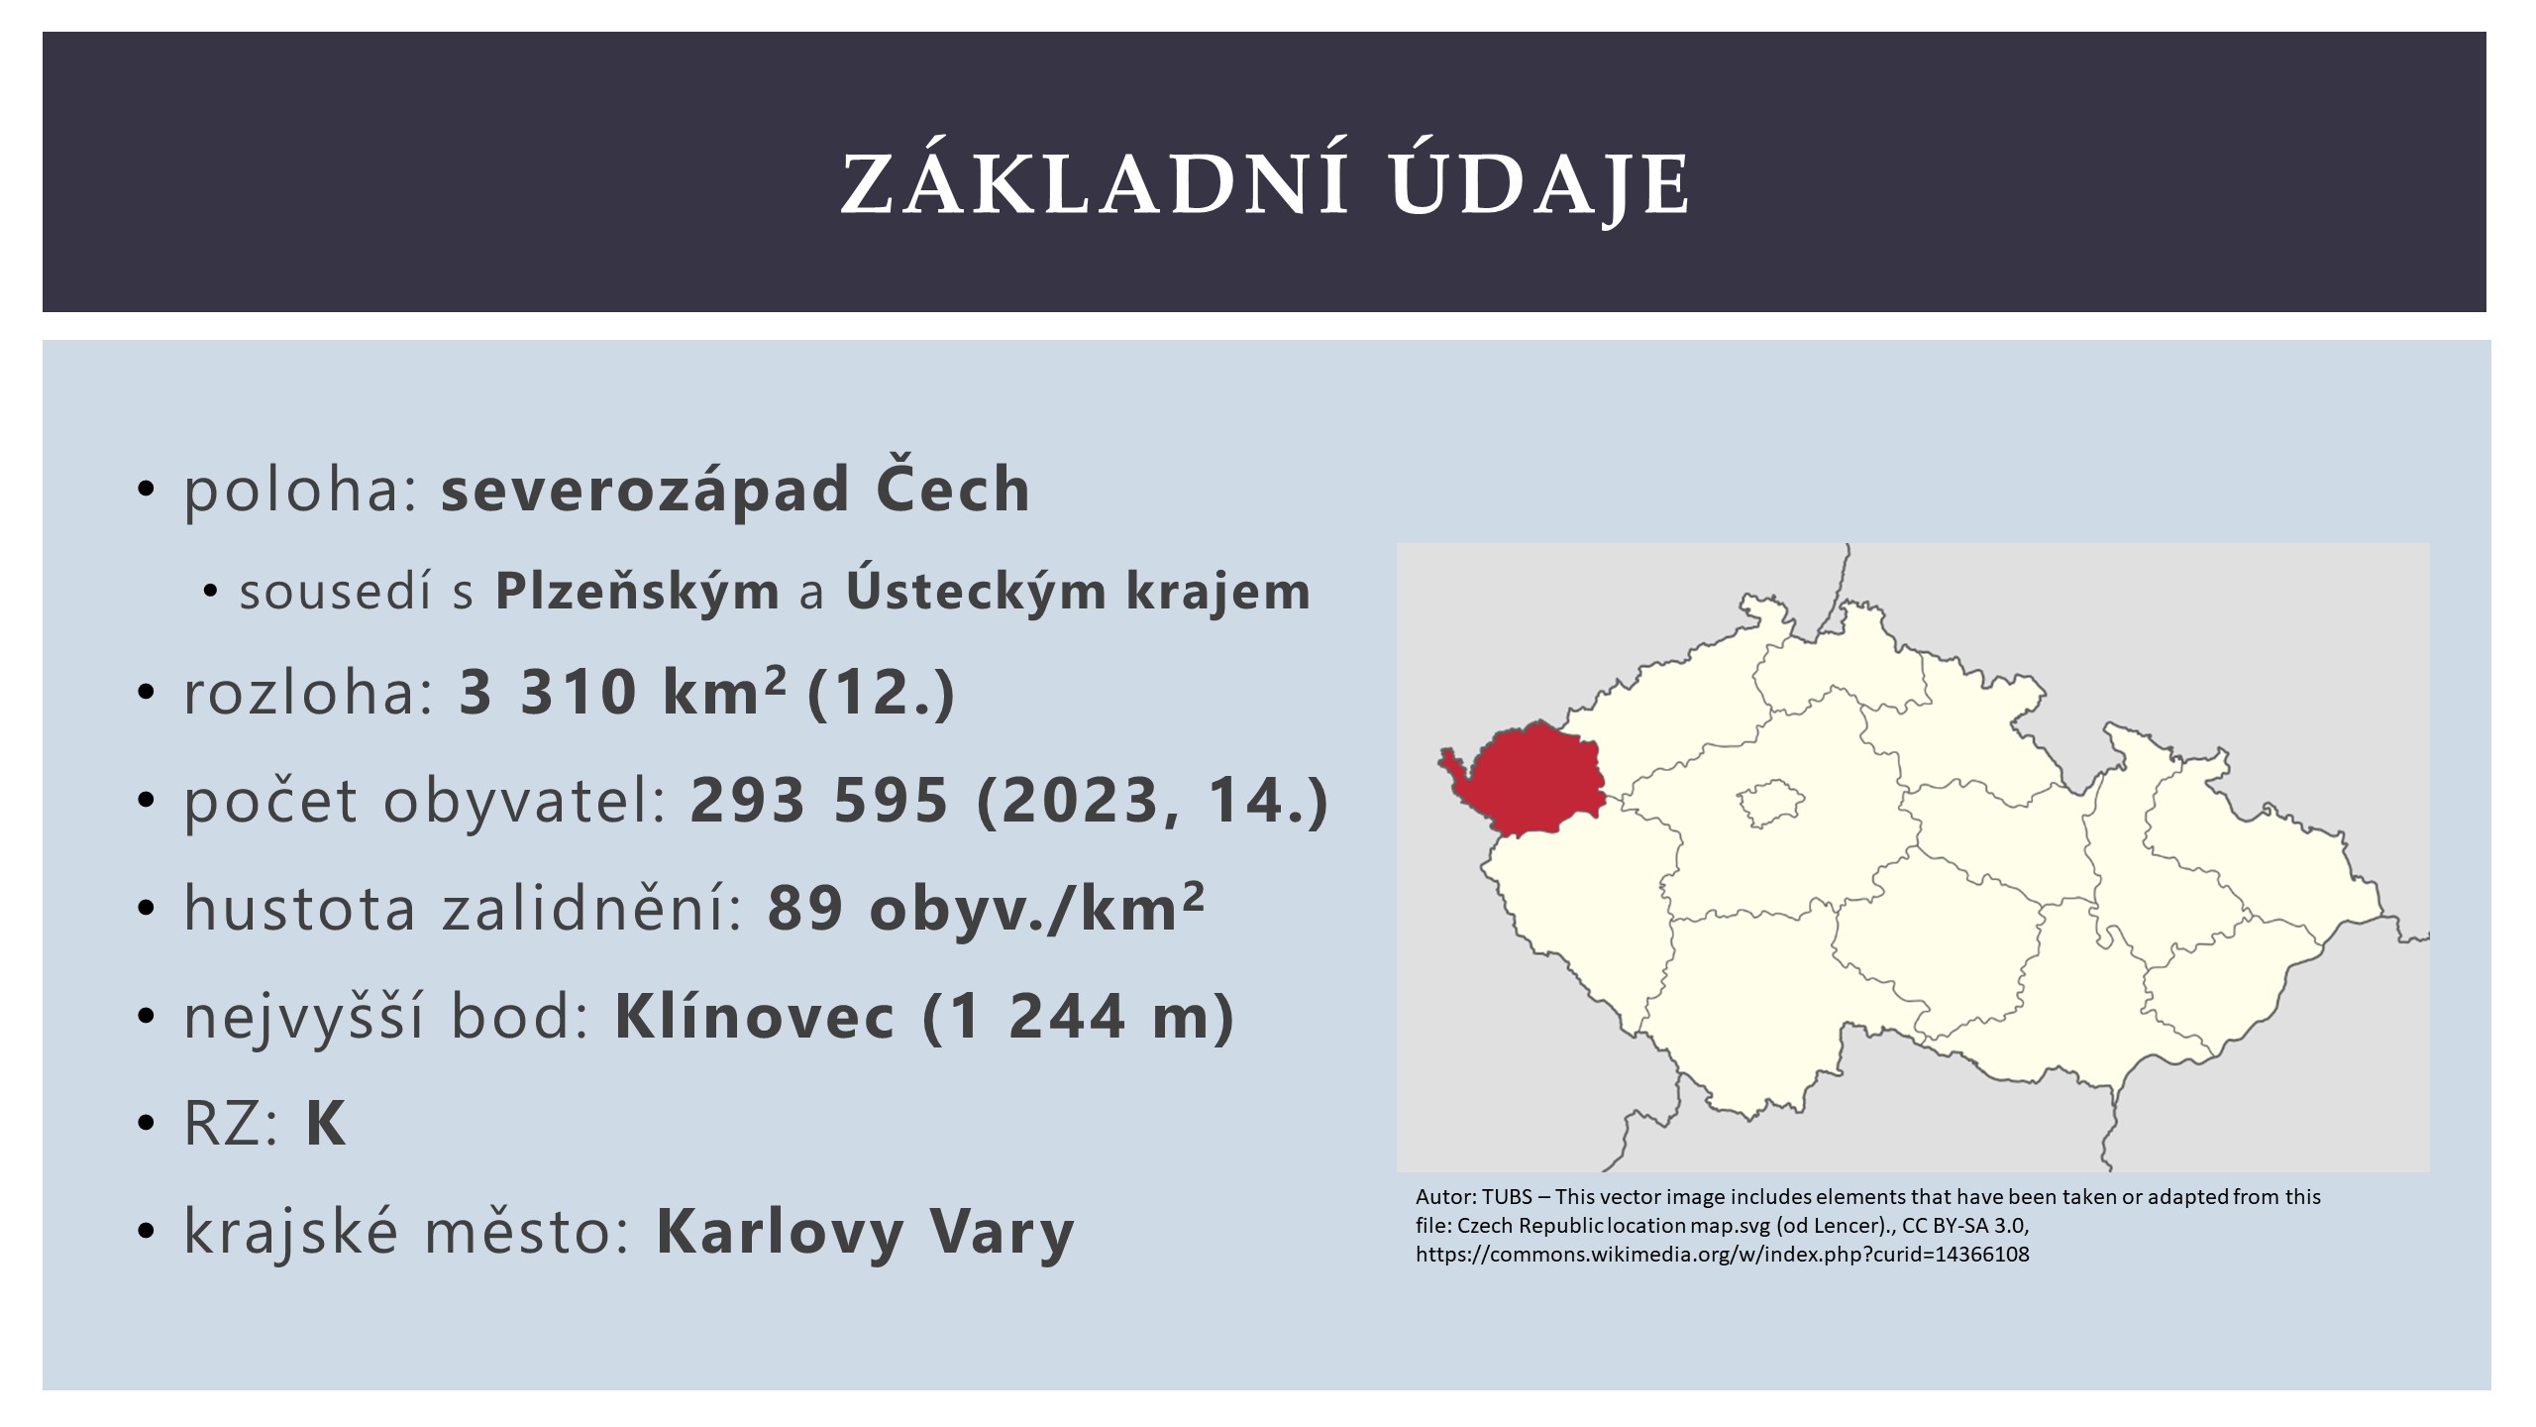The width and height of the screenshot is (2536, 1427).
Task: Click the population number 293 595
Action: (x=819, y=799)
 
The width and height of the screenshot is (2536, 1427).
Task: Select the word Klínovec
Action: (x=755, y=1018)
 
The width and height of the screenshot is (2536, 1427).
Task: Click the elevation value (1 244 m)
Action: (x=1078, y=1018)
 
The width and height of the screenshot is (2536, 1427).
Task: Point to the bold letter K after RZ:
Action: (x=326, y=1125)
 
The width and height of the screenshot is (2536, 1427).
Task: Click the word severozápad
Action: (x=645, y=490)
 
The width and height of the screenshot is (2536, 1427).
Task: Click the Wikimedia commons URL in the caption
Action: (x=1723, y=1255)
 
